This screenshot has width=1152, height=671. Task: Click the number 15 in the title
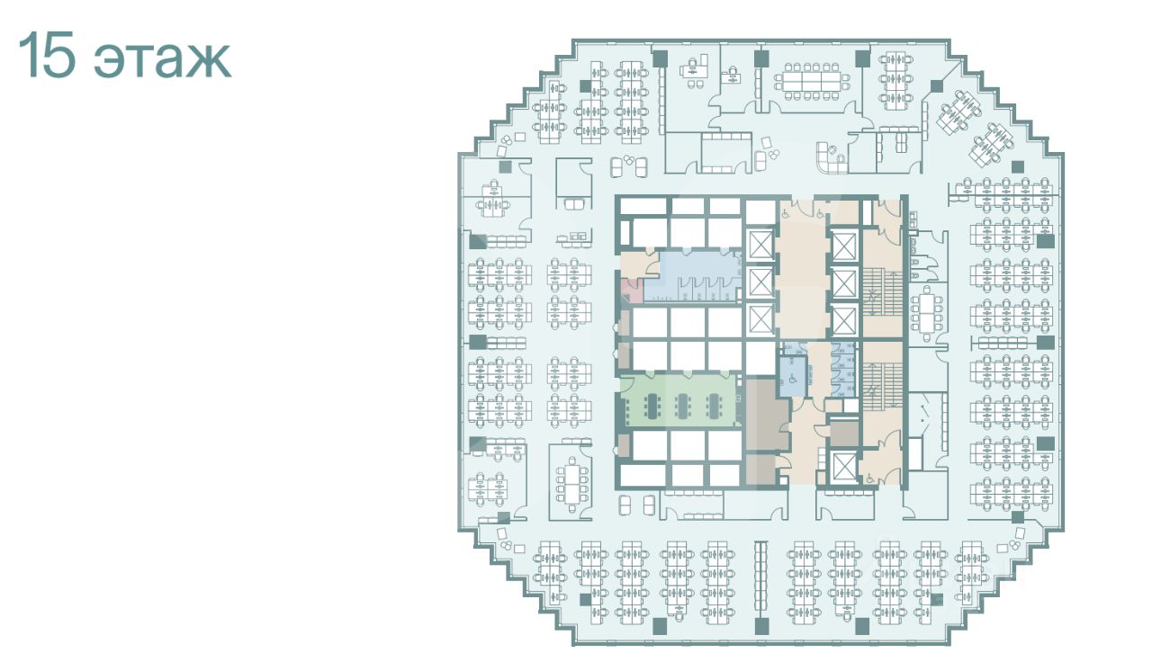click(48, 55)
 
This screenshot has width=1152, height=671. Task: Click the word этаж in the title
click(163, 60)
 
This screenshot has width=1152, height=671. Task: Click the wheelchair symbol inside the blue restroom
click(791, 380)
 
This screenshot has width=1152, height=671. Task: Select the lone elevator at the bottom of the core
click(843, 468)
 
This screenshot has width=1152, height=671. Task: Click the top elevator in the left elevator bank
click(760, 245)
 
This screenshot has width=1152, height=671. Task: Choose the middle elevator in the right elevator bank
click(844, 284)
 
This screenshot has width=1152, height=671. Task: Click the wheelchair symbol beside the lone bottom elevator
click(870, 479)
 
